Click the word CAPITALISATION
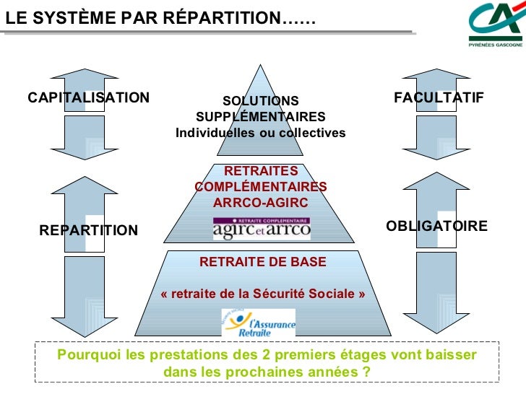point(89,97)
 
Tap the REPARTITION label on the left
point(88,230)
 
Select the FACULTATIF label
point(439,97)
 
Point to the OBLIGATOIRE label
point(437,226)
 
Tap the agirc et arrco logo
point(262,228)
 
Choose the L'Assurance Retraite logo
point(259,323)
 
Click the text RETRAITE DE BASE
point(263,261)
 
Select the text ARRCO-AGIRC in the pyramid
point(261,203)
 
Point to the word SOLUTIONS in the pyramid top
point(260,101)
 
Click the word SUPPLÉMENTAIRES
point(261,117)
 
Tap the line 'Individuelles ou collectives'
point(261,133)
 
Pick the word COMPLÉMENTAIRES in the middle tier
point(261,187)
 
